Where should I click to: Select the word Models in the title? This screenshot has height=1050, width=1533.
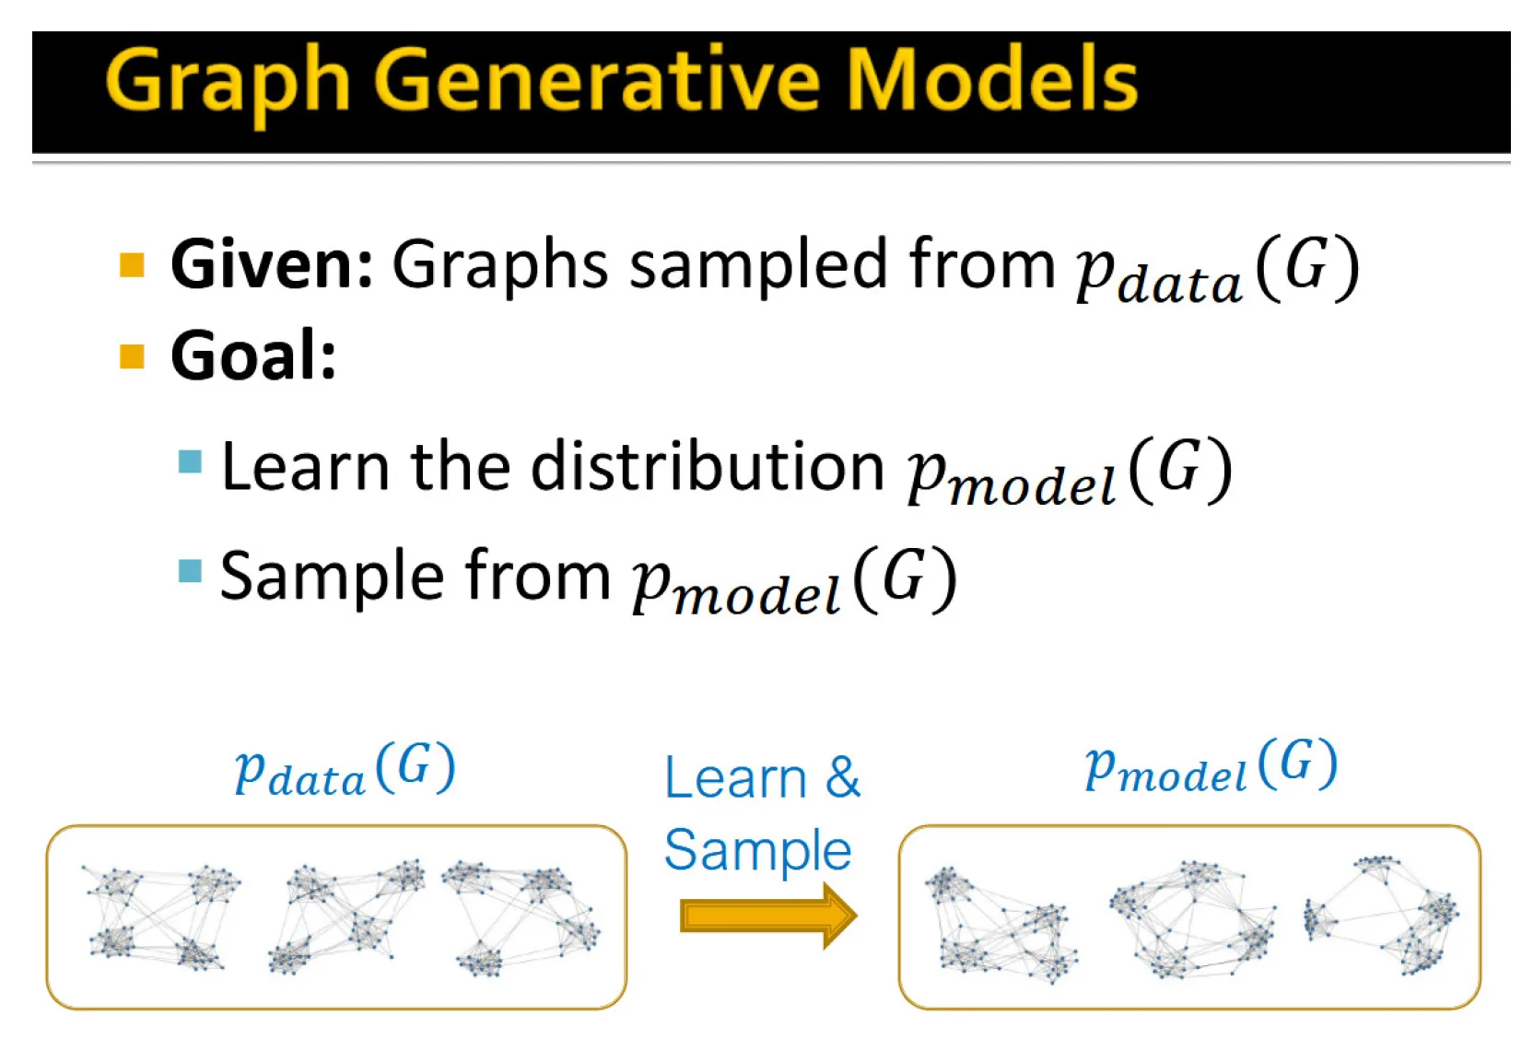[991, 81]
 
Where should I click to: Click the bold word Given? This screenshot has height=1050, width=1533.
[272, 264]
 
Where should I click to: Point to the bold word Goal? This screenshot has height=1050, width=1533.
[253, 356]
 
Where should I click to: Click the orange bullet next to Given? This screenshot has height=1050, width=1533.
[133, 265]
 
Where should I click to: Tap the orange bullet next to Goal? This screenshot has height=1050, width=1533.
[133, 356]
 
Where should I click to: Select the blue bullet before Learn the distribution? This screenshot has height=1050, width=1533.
[190, 461]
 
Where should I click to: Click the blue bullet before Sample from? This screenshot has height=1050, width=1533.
[190, 571]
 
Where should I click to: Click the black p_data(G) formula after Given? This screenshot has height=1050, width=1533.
[1216, 270]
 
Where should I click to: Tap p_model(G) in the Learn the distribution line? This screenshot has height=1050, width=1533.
[1069, 472]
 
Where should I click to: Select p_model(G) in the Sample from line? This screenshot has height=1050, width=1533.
[794, 580]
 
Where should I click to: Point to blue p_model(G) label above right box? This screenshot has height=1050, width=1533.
[1211, 766]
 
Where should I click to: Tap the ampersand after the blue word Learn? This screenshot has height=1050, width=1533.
[842, 777]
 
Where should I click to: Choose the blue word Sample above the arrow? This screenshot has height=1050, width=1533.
[757, 850]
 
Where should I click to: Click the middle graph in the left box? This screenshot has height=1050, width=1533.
[345, 916]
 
